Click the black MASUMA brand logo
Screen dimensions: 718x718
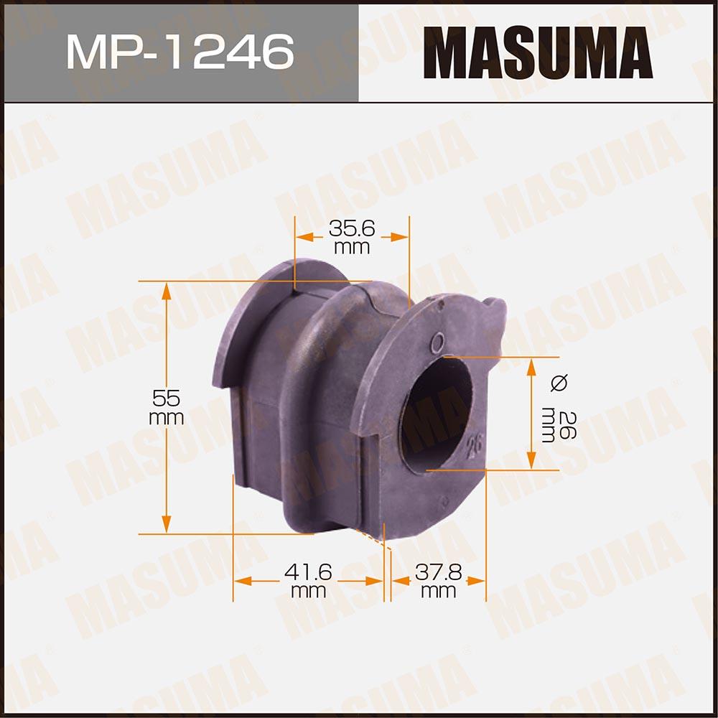click(538, 52)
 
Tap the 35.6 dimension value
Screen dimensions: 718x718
click(352, 228)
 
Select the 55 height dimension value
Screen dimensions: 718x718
click(167, 398)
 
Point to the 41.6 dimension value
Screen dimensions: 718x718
click(308, 572)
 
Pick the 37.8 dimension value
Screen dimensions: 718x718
click(439, 572)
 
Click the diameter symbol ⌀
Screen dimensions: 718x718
click(559, 383)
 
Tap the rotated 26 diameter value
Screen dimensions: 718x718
click(568, 425)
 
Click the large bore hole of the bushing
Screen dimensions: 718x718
click(436, 414)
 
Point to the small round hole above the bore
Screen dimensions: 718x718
click(438, 342)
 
